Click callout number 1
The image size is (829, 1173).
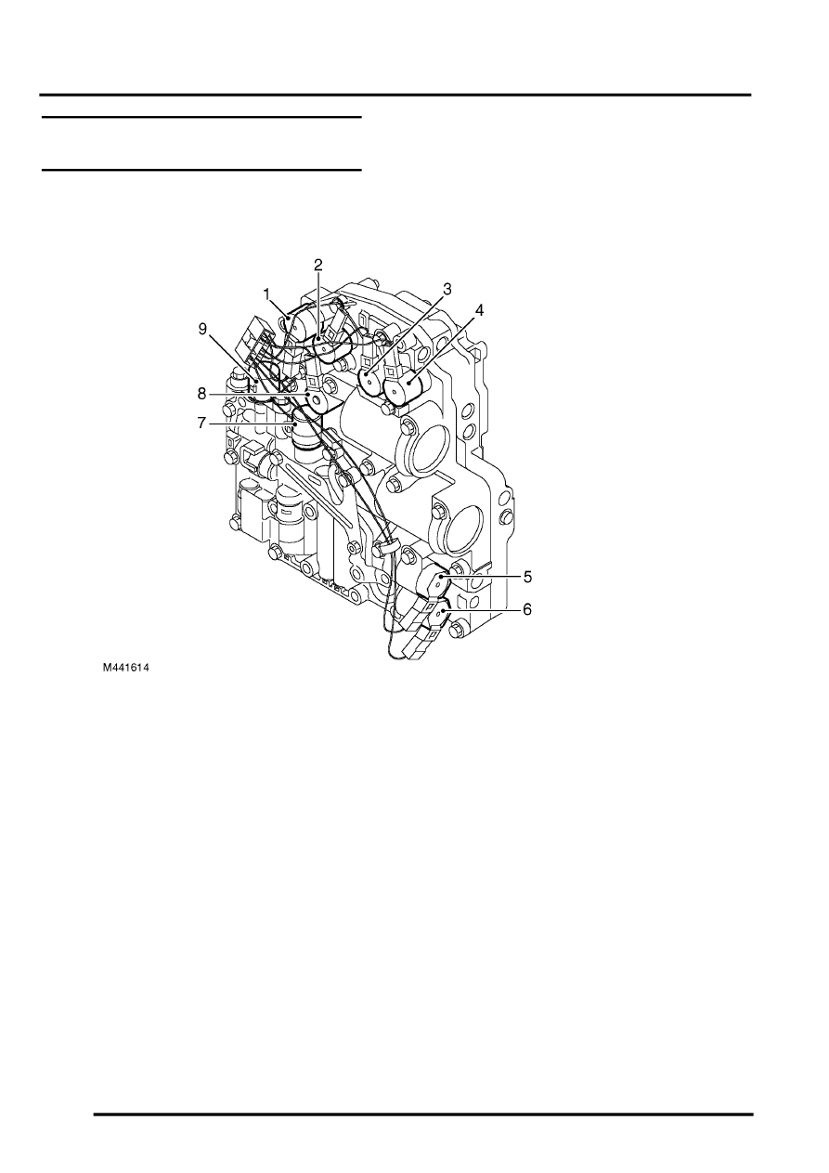(x=267, y=295)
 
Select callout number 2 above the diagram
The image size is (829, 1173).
(x=318, y=265)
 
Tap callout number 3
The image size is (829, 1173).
(x=447, y=289)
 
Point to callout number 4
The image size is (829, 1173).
(x=478, y=310)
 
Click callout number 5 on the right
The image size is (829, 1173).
(x=527, y=577)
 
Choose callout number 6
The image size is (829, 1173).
(x=527, y=609)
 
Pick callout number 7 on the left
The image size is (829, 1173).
(x=202, y=423)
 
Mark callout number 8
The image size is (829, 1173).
(x=202, y=394)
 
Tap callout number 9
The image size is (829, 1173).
(x=202, y=329)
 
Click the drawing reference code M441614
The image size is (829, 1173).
(x=125, y=668)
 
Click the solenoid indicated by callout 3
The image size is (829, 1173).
(x=371, y=381)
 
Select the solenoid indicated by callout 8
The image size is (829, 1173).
(x=317, y=401)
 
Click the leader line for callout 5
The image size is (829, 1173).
(x=481, y=577)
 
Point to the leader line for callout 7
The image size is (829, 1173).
(x=253, y=423)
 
